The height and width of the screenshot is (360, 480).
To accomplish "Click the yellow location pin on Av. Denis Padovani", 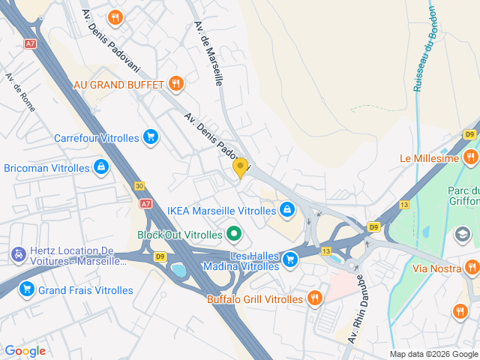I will [240, 167].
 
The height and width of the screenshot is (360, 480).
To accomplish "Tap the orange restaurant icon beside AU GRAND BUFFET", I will [175, 83].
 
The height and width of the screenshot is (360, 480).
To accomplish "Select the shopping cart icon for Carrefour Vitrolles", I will [151, 137].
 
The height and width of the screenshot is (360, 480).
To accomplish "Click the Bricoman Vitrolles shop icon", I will [100, 167].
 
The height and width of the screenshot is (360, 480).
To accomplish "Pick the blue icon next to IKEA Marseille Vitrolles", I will [286, 210].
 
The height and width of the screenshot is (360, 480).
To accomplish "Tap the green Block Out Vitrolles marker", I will [233, 234].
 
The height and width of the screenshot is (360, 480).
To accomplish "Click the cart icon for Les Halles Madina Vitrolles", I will [291, 260].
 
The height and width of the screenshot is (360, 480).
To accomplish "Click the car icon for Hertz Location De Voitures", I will [16, 255].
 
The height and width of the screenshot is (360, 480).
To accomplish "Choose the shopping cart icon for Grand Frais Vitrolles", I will [27, 289].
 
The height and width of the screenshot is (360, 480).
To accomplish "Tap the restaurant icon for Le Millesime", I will [470, 157].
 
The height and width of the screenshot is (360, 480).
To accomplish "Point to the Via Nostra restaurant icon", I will [471, 266].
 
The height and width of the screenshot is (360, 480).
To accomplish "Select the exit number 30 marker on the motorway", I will [139, 185].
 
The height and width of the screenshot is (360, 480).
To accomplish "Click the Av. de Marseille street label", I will [208, 52].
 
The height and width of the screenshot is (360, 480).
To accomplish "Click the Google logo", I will [25, 351].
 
